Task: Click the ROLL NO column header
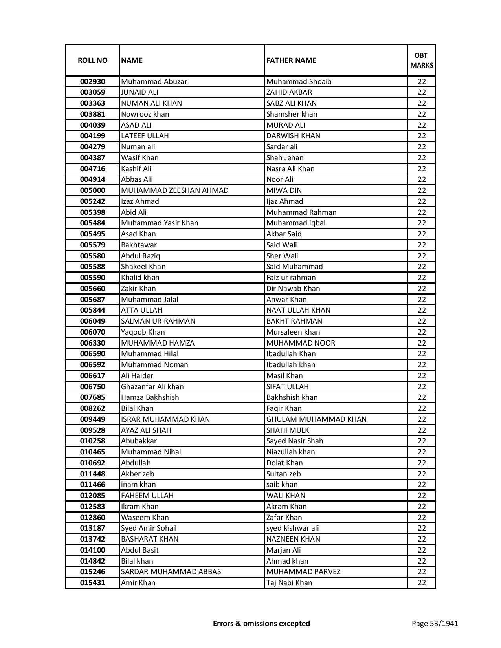click(92, 60)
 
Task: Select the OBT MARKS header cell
click(422, 60)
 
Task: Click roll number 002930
click(92, 82)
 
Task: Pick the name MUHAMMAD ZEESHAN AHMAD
click(174, 190)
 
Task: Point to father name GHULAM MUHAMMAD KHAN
click(316, 419)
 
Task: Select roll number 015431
click(92, 583)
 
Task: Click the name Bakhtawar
click(139, 245)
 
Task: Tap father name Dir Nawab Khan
click(293, 289)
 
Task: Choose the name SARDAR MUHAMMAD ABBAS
click(171, 572)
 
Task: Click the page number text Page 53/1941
click(435, 623)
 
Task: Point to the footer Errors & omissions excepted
click(261, 623)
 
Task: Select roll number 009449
click(92, 419)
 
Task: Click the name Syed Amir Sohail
click(149, 528)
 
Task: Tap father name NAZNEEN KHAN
click(293, 539)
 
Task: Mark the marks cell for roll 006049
click(422, 321)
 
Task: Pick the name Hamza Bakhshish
click(150, 397)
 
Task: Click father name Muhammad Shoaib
click(299, 82)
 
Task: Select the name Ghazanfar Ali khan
click(152, 387)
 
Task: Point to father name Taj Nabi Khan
click(289, 583)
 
